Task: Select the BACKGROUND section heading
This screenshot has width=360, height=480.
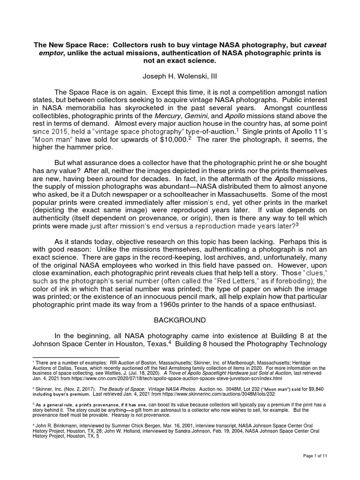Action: point(180,321)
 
